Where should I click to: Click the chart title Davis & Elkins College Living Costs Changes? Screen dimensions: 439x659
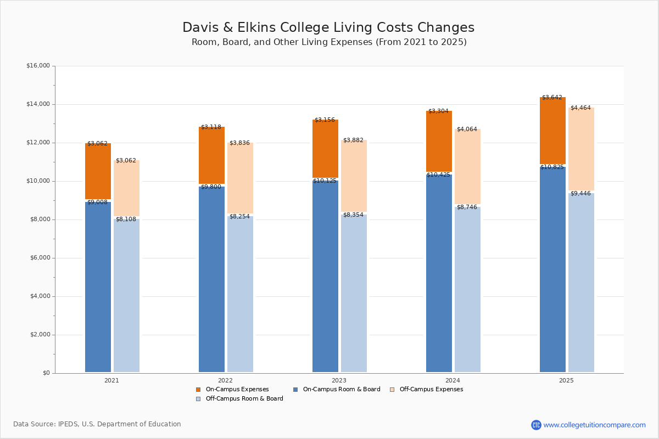click(328, 28)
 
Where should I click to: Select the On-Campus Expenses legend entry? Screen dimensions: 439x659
click(237, 390)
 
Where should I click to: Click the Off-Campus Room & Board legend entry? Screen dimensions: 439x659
click(244, 399)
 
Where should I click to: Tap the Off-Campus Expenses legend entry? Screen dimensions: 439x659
click(431, 390)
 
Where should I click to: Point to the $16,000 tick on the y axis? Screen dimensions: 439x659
click(38, 66)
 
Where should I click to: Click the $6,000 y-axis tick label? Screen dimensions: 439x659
click(38, 258)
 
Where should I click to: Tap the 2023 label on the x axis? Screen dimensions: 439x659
click(339, 380)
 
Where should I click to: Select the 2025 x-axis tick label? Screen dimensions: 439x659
click(566, 380)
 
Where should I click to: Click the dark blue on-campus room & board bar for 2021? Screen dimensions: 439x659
click(98, 285)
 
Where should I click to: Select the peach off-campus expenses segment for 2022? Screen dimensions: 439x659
click(240, 178)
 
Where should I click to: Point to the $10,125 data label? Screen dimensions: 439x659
click(325, 181)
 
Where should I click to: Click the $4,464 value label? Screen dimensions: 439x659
click(580, 108)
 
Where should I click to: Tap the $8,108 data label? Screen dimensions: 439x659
click(126, 219)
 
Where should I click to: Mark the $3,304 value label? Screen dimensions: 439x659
click(438, 111)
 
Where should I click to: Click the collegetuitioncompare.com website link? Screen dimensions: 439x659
click(594, 425)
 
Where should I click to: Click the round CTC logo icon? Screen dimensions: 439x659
click(536, 425)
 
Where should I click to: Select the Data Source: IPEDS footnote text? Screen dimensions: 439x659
click(97, 424)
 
